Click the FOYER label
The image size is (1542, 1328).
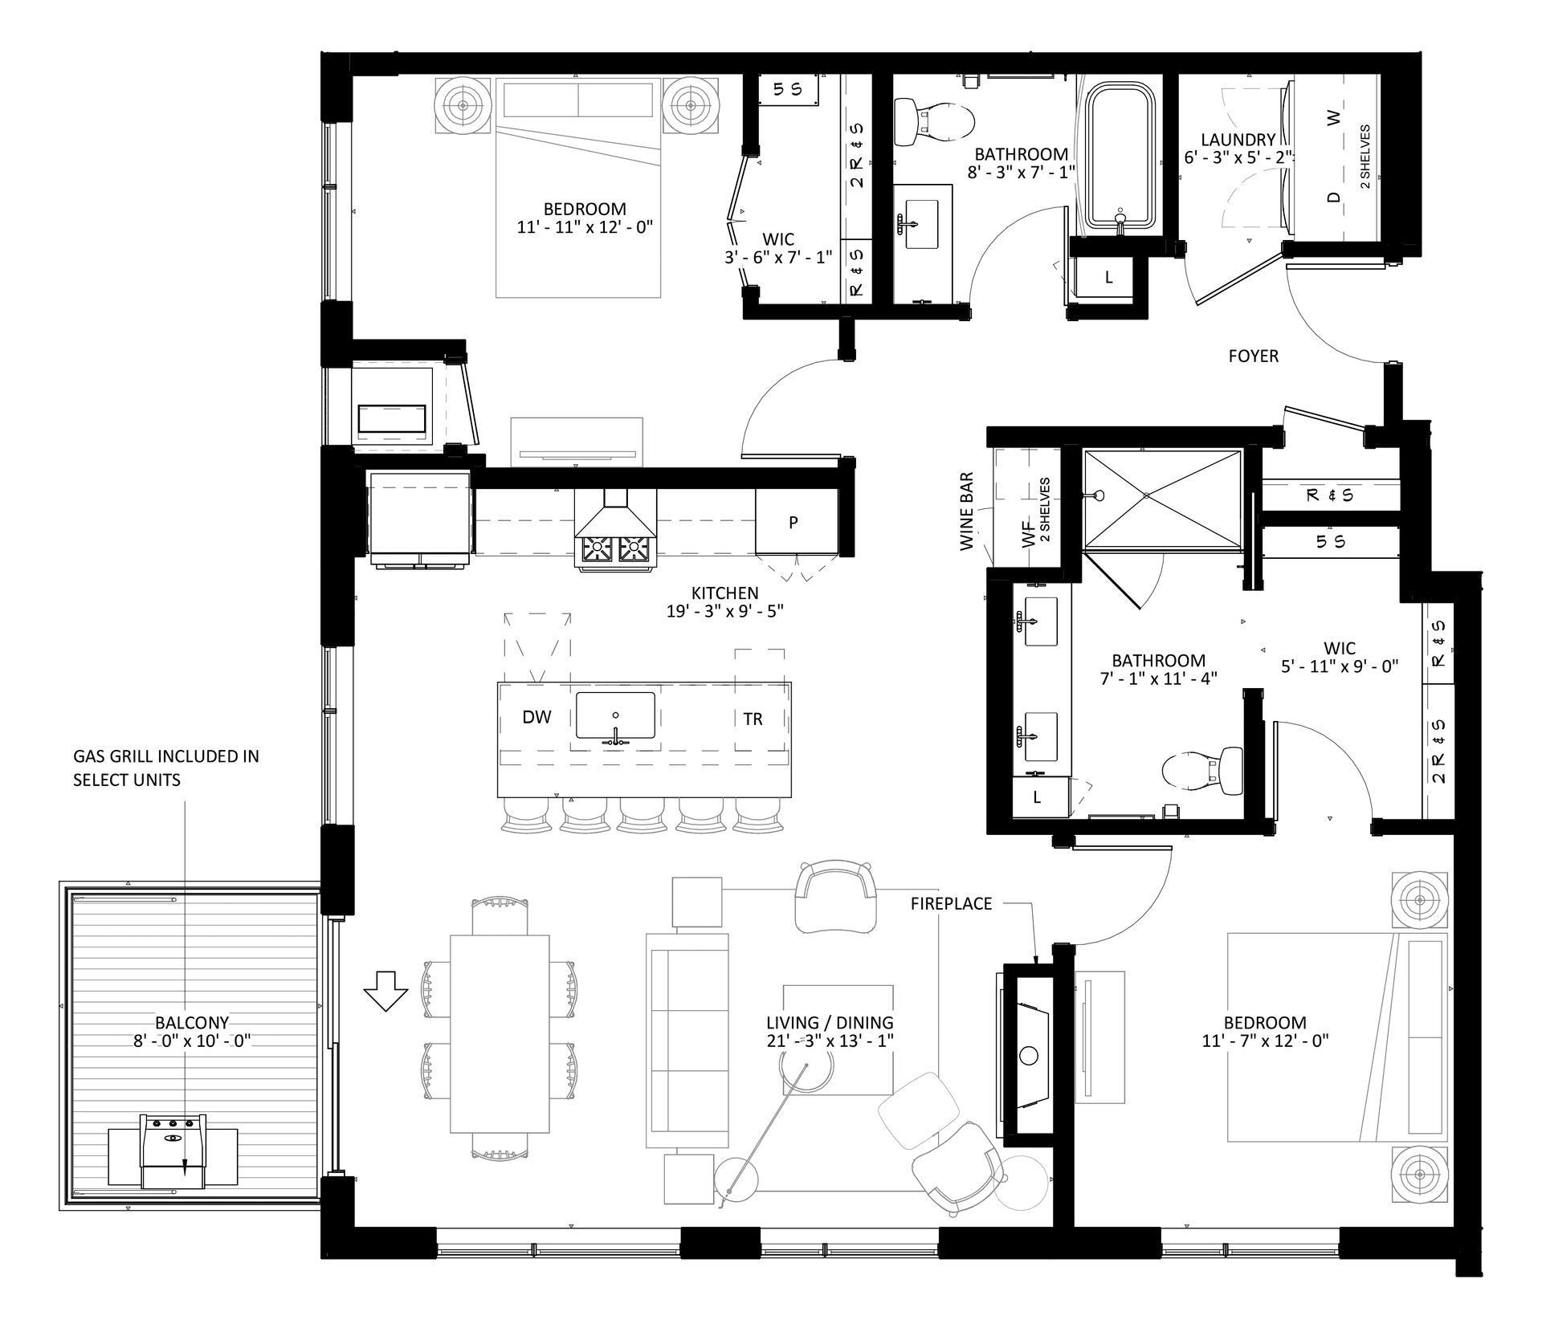1253,356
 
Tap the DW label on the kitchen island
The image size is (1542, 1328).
536,718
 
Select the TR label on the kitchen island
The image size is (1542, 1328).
753,719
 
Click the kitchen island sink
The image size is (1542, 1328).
615,716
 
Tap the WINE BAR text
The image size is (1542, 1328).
967,511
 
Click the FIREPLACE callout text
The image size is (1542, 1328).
951,903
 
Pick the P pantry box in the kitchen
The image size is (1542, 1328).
793,523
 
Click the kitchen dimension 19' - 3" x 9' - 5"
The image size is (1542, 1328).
724,611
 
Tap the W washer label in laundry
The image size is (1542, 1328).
1334,119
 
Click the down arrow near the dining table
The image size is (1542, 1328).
386,992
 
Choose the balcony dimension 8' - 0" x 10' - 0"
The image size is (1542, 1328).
192,1041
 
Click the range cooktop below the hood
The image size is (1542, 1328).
615,549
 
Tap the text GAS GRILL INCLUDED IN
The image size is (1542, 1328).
166,756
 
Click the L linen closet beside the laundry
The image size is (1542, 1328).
1108,278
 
